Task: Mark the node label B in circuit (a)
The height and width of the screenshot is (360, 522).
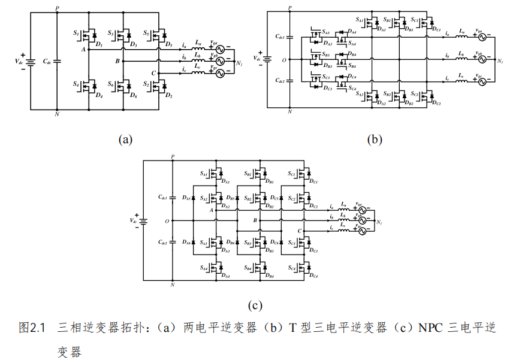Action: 118,61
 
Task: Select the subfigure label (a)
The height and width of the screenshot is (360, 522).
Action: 125,140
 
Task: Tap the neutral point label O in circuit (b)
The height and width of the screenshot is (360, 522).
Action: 283,60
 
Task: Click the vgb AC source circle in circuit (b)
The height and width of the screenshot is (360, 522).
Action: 480,60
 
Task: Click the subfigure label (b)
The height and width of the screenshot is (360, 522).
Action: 375,140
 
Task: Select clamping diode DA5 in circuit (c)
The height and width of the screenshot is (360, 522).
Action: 192,198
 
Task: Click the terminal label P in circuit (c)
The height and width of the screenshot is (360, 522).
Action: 173,157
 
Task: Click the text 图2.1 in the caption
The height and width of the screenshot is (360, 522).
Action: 32,327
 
